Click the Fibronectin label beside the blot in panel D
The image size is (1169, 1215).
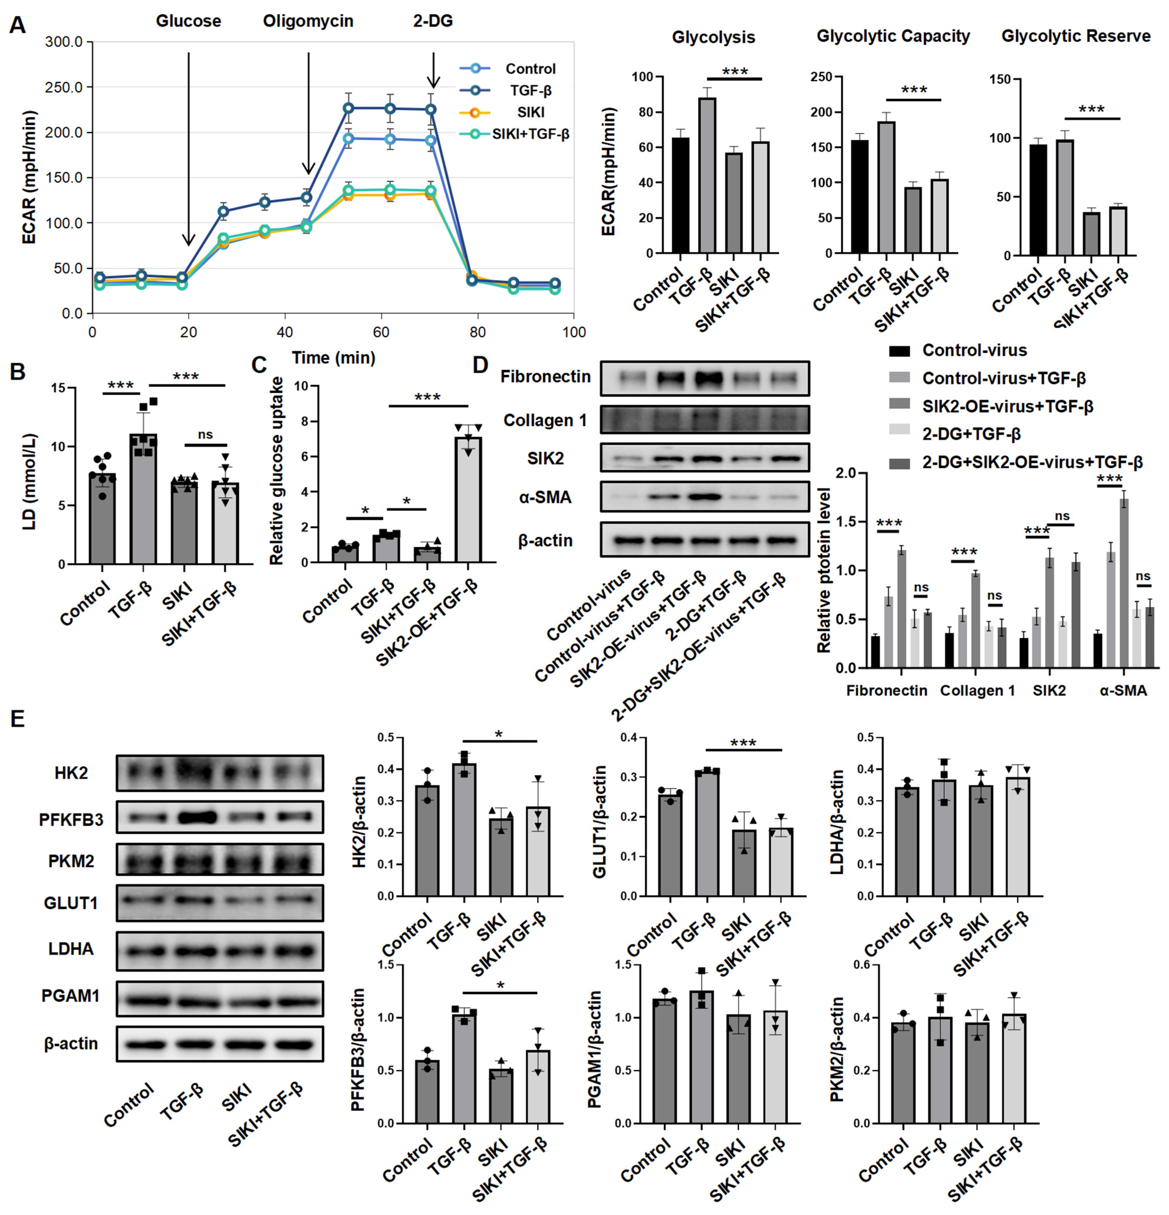[x=545, y=377]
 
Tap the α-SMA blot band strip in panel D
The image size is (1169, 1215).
[x=705, y=497]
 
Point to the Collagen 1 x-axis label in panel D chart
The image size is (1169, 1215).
[x=977, y=691]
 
